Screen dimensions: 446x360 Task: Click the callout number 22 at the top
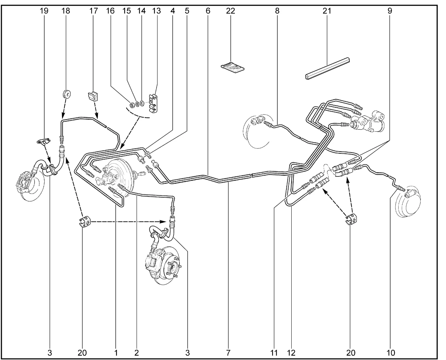coord(230,11)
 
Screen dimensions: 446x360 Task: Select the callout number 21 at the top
coord(327,11)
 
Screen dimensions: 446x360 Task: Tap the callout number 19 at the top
coord(44,11)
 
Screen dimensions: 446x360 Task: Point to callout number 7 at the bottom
coord(228,353)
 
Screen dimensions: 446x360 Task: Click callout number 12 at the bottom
coord(291,353)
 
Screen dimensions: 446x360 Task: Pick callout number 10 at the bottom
coord(391,353)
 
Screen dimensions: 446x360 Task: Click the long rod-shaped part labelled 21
coord(327,68)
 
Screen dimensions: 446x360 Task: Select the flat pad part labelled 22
coord(233,67)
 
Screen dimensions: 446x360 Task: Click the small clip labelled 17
coord(93,97)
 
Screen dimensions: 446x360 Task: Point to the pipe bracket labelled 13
coord(153,104)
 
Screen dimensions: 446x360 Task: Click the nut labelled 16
coord(132,105)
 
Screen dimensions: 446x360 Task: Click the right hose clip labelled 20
coord(351,220)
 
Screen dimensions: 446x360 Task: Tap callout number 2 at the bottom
coord(137,353)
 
